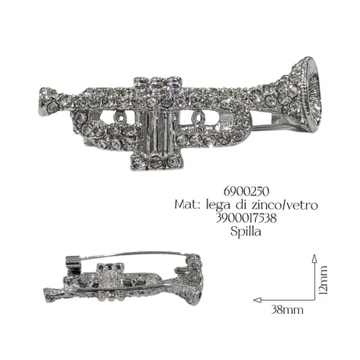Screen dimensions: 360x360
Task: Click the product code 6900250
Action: click(246, 192)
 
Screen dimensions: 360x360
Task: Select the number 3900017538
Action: click(246, 218)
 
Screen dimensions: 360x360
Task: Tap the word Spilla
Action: click(246, 232)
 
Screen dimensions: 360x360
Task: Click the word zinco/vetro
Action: click(285, 205)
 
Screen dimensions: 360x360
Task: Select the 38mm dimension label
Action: click(287, 310)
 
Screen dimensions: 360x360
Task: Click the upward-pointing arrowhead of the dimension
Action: click(315, 257)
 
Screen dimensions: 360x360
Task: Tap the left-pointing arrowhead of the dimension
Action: click(257, 300)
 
